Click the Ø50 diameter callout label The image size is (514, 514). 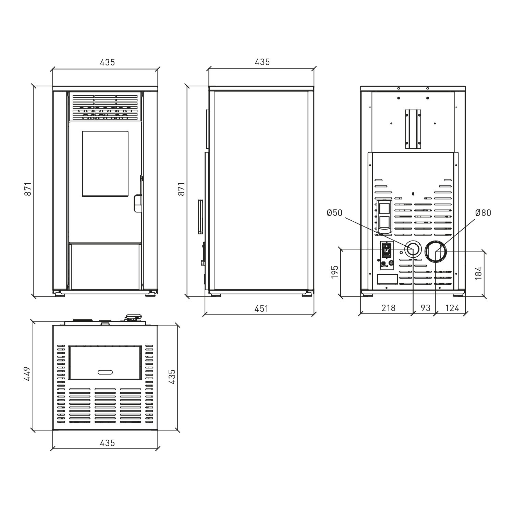pyautogui.click(x=334, y=213)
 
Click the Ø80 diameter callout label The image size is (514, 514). pyautogui.click(x=483, y=213)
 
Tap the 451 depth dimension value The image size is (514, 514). pyautogui.click(x=261, y=309)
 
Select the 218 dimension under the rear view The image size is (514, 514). pyautogui.click(x=388, y=308)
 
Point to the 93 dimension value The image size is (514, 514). pyautogui.click(x=425, y=308)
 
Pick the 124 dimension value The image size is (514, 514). pyautogui.click(x=452, y=308)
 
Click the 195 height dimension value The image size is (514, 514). pyautogui.click(x=335, y=271)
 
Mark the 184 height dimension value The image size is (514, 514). pyautogui.click(x=479, y=273)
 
